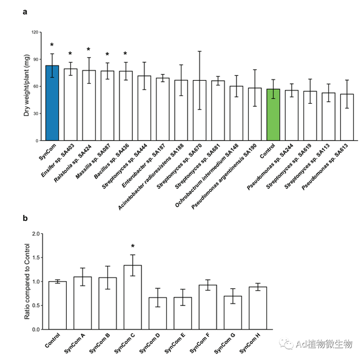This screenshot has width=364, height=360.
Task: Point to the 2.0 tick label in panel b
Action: point(35,234)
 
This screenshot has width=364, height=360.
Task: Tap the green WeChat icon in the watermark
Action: point(286,344)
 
